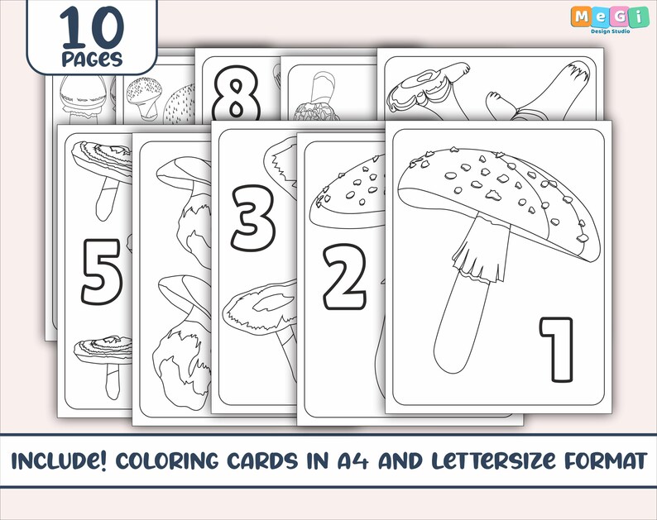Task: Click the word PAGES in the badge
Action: click(92, 60)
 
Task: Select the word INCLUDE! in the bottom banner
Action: click(66, 460)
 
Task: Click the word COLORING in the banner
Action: click(196, 460)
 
